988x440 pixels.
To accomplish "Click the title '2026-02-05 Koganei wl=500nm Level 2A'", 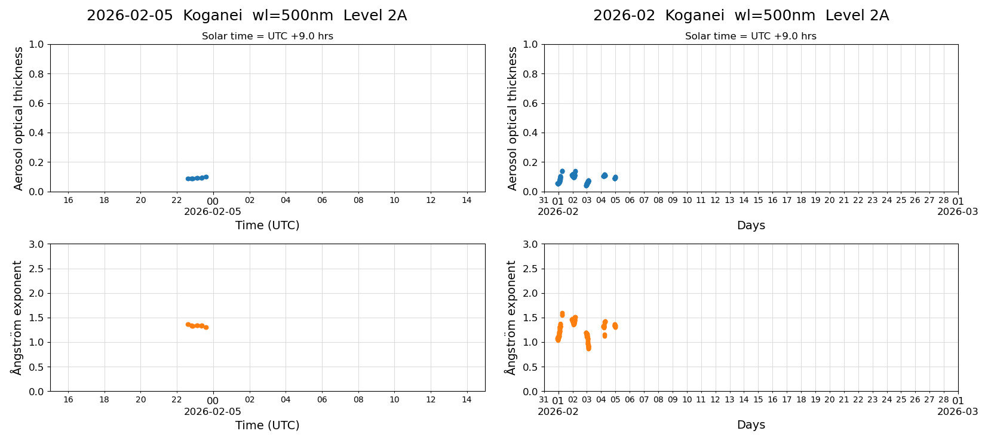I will click(x=247, y=16).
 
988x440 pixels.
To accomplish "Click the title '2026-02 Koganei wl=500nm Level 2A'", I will click(x=741, y=16).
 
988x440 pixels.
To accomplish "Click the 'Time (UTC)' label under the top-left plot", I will click(x=267, y=225).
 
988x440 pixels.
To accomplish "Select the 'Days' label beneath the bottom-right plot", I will click(x=751, y=424).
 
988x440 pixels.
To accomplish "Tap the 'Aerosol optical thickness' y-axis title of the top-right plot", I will click(x=513, y=118).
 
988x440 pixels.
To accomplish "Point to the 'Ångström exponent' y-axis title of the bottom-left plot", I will click(x=17, y=318).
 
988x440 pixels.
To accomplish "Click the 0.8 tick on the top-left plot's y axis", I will click(x=36, y=74).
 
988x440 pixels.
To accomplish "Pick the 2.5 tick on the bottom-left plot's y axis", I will click(x=36, y=269).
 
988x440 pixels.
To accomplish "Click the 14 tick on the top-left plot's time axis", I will click(x=467, y=200).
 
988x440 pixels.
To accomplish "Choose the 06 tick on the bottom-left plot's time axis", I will click(x=322, y=400).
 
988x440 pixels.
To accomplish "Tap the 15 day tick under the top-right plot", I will click(x=758, y=200).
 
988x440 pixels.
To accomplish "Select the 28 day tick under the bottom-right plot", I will click(x=944, y=400).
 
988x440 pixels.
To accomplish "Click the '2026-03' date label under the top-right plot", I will click(x=958, y=211).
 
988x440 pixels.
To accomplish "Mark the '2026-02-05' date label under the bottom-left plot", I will click(x=213, y=411).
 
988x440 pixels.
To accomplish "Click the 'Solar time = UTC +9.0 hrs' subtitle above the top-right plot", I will click(x=750, y=36).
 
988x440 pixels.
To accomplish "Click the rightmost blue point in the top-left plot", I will click(x=206, y=177).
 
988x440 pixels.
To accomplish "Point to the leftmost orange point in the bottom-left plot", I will click(x=188, y=324).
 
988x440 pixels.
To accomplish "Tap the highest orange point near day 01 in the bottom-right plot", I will click(x=562, y=313).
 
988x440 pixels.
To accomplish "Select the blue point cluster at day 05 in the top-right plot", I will click(x=615, y=178).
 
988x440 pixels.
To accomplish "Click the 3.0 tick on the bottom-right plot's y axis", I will click(x=530, y=244).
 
